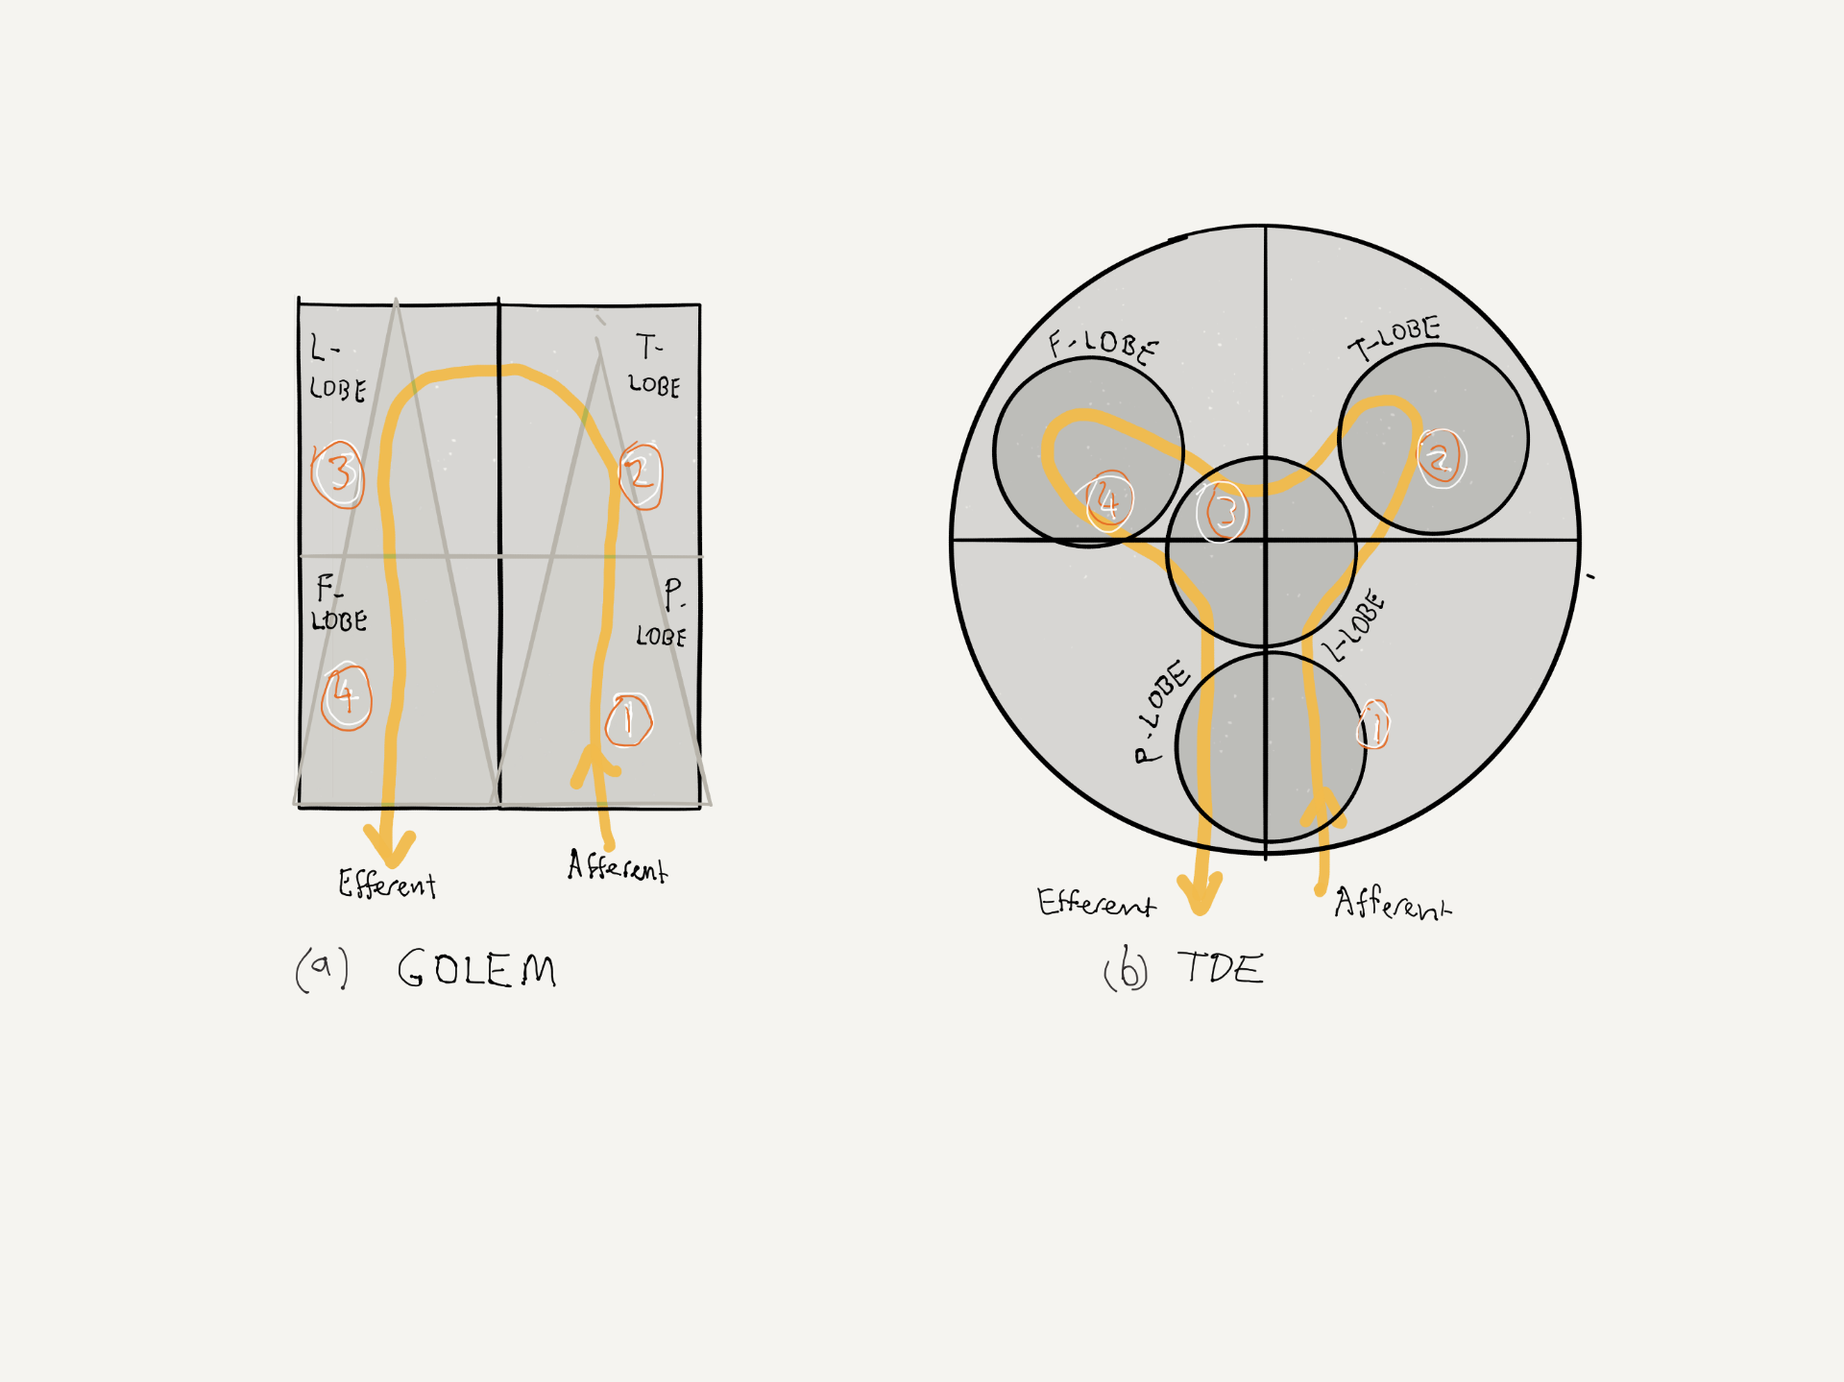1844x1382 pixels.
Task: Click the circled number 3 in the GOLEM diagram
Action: click(338, 473)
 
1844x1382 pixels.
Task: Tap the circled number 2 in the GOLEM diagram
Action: click(641, 474)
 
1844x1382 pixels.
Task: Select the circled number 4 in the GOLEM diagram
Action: click(346, 696)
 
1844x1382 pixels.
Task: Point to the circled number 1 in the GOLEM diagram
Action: click(629, 720)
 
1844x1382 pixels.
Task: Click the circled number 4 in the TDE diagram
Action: click(1108, 501)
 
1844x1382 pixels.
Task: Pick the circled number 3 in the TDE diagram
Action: click(1223, 512)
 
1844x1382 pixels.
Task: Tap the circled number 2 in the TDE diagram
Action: click(1441, 458)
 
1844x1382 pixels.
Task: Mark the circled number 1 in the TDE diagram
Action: click(1373, 724)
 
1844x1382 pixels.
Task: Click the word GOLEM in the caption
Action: click(477, 968)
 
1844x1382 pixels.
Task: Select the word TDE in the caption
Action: click(1221, 967)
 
